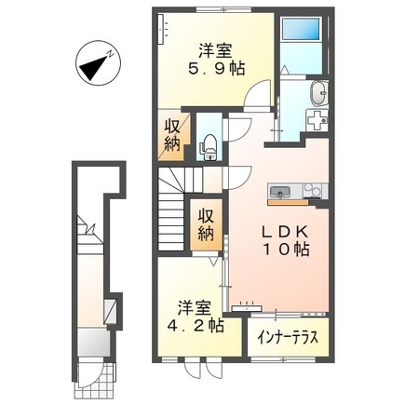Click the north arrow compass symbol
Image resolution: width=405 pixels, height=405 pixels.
(x=95, y=63)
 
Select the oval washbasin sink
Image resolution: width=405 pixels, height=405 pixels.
(x=319, y=93)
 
